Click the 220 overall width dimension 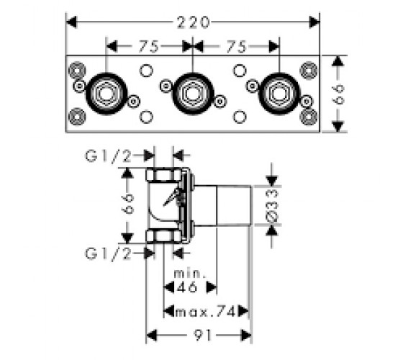(194, 22)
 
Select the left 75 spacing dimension (149, 47)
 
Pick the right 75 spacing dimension (237, 47)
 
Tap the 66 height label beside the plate (338, 94)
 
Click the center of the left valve (107, 94)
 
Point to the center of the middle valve (193, 94)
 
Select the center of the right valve (279, 94)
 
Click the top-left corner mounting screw (77, 71)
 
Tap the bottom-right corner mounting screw (309, 117)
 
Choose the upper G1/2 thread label (109, 156)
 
